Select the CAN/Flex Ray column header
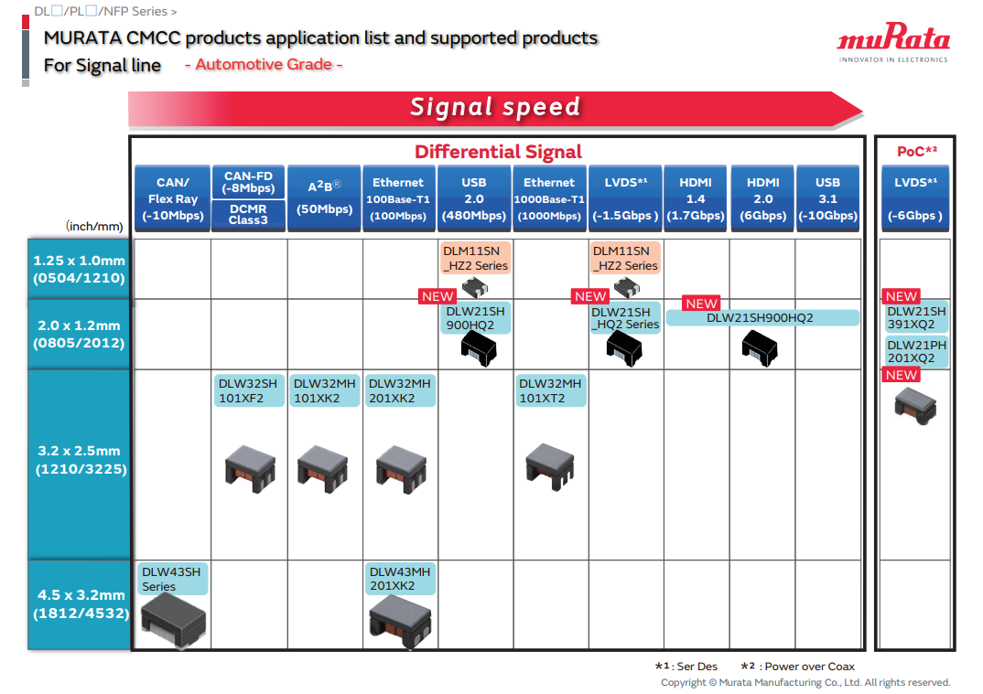(x=172, y=198)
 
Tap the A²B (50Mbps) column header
(x=324, y=198)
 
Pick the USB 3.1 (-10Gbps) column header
(x=827, y=198)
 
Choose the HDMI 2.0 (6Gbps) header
(x=762, y=198)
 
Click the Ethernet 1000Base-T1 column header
(x=549, y=198)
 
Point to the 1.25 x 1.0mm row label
(x=80, y=269)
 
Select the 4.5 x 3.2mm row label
(x=80, y=604)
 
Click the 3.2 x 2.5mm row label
(x=80, y=460)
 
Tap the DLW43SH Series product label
(x=170, y=579)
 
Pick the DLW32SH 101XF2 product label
(x=248, y=390)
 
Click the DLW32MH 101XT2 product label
(x=549, y=390)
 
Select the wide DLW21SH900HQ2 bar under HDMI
(x=762, y=318)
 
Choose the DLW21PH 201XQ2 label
(x=915, y=352)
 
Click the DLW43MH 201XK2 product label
(x=399, y=579)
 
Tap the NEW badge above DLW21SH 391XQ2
(x=902, y=296)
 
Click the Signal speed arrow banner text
(x=495, y=107)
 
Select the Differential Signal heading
(x=498, y=152)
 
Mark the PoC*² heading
(x=916, y=152)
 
